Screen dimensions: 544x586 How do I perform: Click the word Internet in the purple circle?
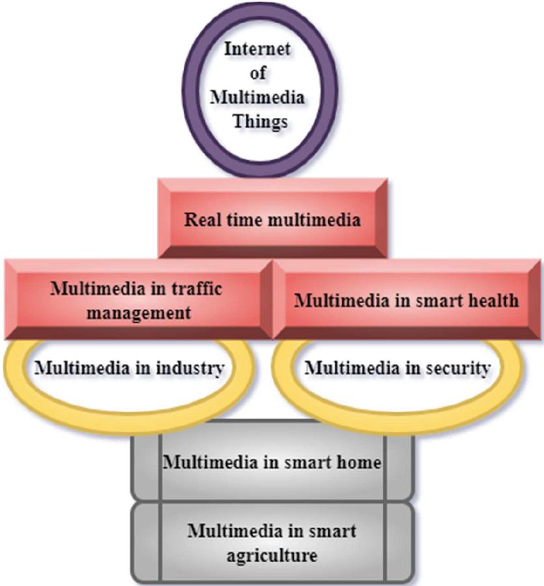pos(257,49)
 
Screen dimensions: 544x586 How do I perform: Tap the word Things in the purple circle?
pos(261,121)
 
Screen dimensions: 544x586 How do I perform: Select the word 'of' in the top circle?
pos(258,72)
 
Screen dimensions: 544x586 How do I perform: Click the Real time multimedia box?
pos(273,218)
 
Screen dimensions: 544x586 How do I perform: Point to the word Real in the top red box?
pos(202,220)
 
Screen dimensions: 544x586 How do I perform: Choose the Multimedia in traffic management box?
pos(139,300)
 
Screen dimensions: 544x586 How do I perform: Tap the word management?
pos(139,313)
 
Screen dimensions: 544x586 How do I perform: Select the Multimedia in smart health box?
pos(407,300)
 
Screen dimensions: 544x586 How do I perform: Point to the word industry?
pos(190,368)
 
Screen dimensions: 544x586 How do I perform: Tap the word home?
pos(359,463)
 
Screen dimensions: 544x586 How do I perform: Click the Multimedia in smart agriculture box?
pos(273,542)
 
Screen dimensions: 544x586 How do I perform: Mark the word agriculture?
pos(272,555)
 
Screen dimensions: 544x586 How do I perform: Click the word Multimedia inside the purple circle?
pos(257,97)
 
